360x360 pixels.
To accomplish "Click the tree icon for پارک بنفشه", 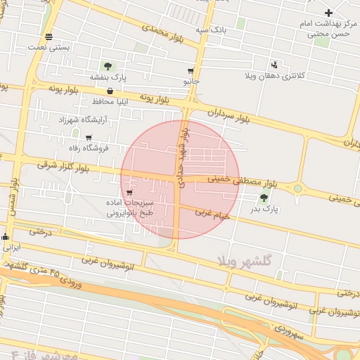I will [108, 66].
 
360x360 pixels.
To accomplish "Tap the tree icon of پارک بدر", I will [264, 198].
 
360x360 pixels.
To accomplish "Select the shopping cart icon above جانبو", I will [191, 71].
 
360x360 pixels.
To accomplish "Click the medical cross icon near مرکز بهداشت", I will [328, 13].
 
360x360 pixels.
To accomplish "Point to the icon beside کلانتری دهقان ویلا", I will [274, 64].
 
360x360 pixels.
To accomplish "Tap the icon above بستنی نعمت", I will [48, 37].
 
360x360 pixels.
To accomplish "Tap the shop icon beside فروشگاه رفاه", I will [89, 137].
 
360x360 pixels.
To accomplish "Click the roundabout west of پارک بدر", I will [298, 188].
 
